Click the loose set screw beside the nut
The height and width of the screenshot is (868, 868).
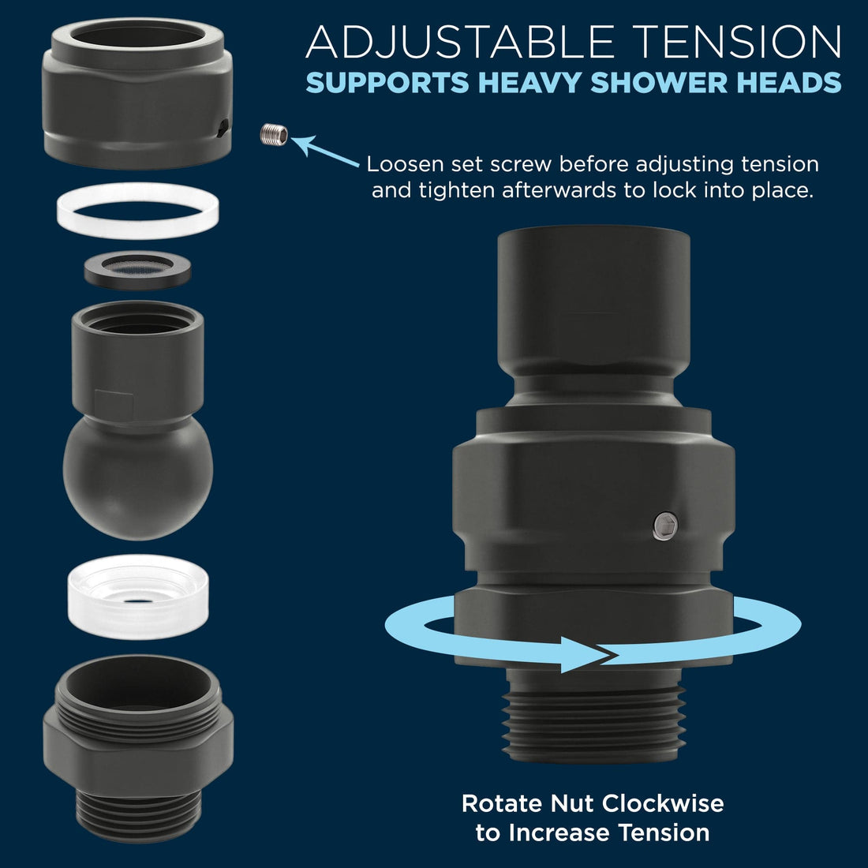tap(274, 134)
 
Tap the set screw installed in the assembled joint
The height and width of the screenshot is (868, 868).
tap(665, 526)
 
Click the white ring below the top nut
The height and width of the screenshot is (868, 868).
tap(138, 211)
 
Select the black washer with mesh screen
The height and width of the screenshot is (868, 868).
tap(138, 270)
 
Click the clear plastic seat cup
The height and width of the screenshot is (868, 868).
tap(138, 597)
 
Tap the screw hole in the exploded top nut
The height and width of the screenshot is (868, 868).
tap(222, 128)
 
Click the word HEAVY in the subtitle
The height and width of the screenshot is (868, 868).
tap(529, 83)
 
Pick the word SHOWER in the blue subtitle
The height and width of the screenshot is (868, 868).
tap(659, 83)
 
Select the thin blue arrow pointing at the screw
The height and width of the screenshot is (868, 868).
tap(325, 151)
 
